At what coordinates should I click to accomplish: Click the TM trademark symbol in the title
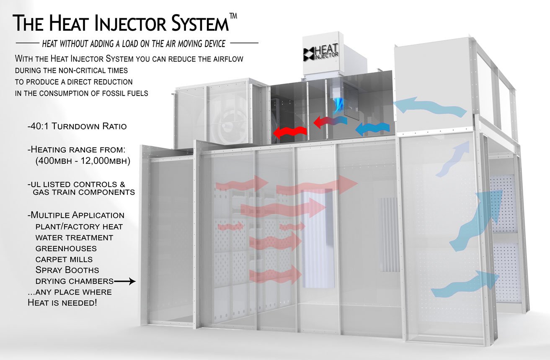233,16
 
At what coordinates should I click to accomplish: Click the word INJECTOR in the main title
131,23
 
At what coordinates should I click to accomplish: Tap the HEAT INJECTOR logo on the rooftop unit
321,52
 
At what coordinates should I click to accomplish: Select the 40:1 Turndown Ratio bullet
77,126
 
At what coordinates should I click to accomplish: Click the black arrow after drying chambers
125,281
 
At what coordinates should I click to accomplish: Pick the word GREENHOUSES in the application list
66,249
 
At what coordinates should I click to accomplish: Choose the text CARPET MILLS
64,260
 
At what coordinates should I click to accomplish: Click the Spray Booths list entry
67,270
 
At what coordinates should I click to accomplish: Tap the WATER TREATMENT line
74,238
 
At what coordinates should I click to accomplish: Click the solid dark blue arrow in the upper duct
372,129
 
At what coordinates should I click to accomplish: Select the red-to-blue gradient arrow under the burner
331,122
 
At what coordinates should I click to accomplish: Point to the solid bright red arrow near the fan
290,133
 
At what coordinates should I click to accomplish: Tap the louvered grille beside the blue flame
351,101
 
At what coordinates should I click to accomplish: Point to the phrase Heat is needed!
62,303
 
